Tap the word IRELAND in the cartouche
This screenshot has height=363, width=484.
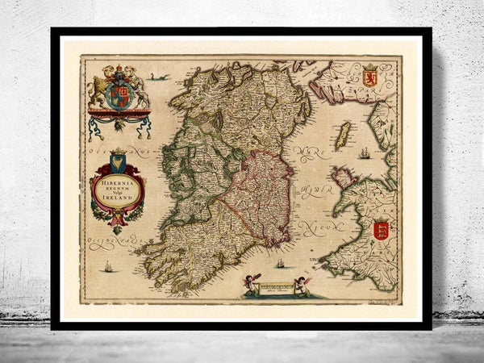coord(119,198)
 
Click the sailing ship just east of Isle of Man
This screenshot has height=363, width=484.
coord(365,152)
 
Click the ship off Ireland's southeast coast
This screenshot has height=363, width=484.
coord(280,262)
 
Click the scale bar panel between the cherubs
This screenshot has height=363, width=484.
coord(276,286)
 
